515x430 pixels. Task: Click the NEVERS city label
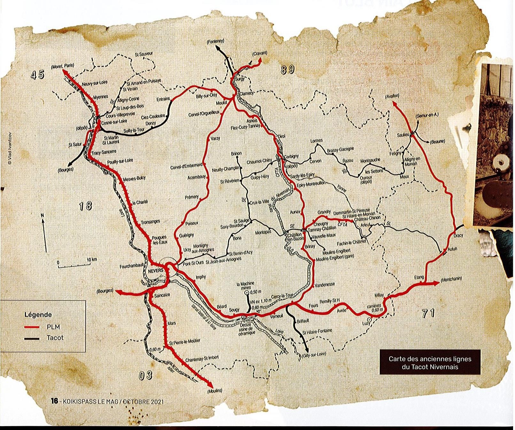point(156,270)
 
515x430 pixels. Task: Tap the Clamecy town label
point(246,93)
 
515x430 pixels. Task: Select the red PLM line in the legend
point(32,327)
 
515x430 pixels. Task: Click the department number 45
point(38,75)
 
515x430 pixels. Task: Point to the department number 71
point(428,313)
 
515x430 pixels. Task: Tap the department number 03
point(145,375)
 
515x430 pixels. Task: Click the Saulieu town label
point(403,135)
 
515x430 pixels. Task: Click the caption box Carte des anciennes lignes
point(430,363)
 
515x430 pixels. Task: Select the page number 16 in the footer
point(54,401)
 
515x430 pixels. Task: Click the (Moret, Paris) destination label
point(62,65)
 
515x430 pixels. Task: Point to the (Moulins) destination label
point(214,391)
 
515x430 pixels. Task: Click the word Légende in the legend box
point(38,315)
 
